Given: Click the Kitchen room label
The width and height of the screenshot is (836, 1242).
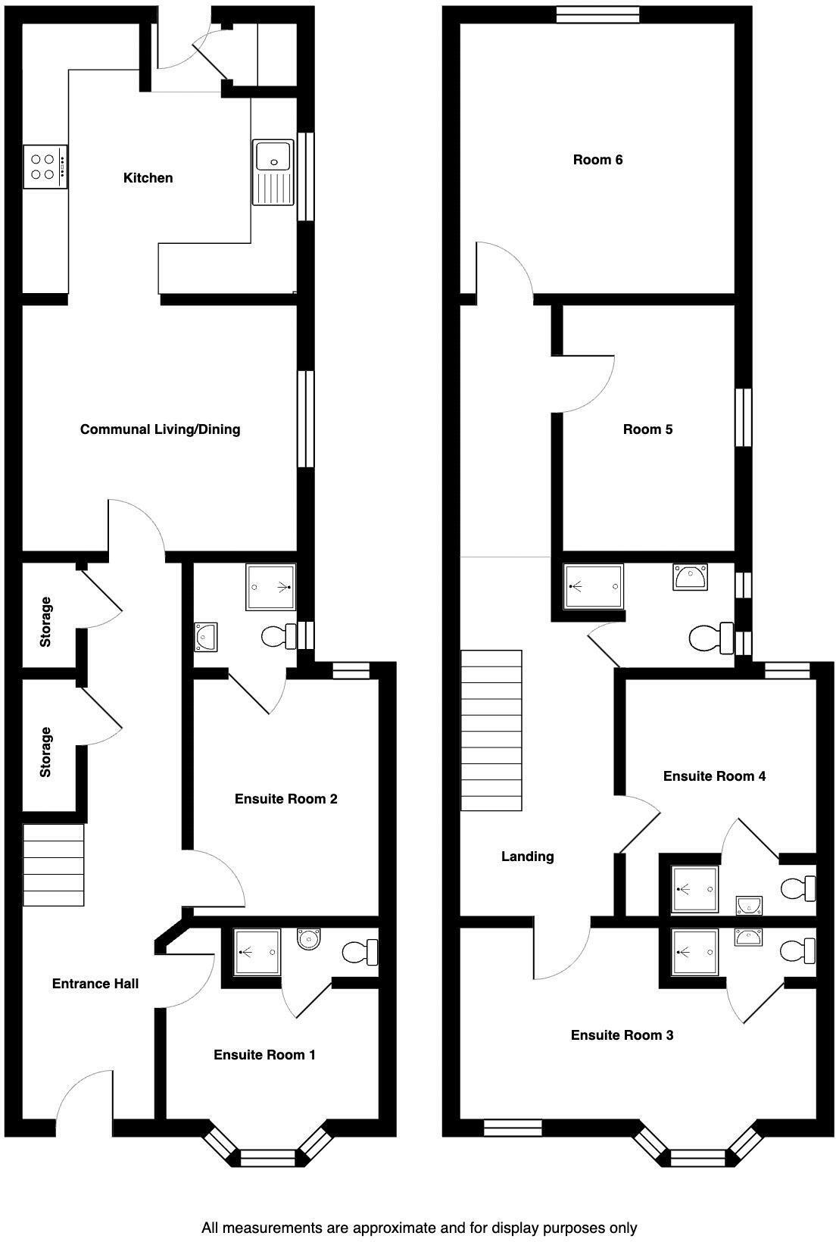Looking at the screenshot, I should [148, 178].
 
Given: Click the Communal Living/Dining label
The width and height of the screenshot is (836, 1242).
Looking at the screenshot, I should [161, 429].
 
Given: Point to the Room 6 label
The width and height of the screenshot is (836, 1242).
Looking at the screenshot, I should [597, 160].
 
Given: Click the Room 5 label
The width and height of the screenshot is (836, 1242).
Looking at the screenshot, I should [647, 429].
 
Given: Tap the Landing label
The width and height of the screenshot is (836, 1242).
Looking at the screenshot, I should [528, 857].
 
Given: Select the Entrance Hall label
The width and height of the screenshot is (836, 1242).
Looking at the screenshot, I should [95, 984].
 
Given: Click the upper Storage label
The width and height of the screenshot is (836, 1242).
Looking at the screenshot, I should [46, 622].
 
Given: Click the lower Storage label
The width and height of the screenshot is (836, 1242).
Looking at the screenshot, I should [46, 752].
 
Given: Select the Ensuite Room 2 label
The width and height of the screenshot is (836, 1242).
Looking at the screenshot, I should [285, 799].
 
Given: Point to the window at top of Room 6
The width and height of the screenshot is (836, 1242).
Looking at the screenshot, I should [597, 14].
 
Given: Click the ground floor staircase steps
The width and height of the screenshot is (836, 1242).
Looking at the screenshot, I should [53, 865].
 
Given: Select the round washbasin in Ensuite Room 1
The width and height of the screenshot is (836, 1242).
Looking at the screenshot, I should [309, 940].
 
